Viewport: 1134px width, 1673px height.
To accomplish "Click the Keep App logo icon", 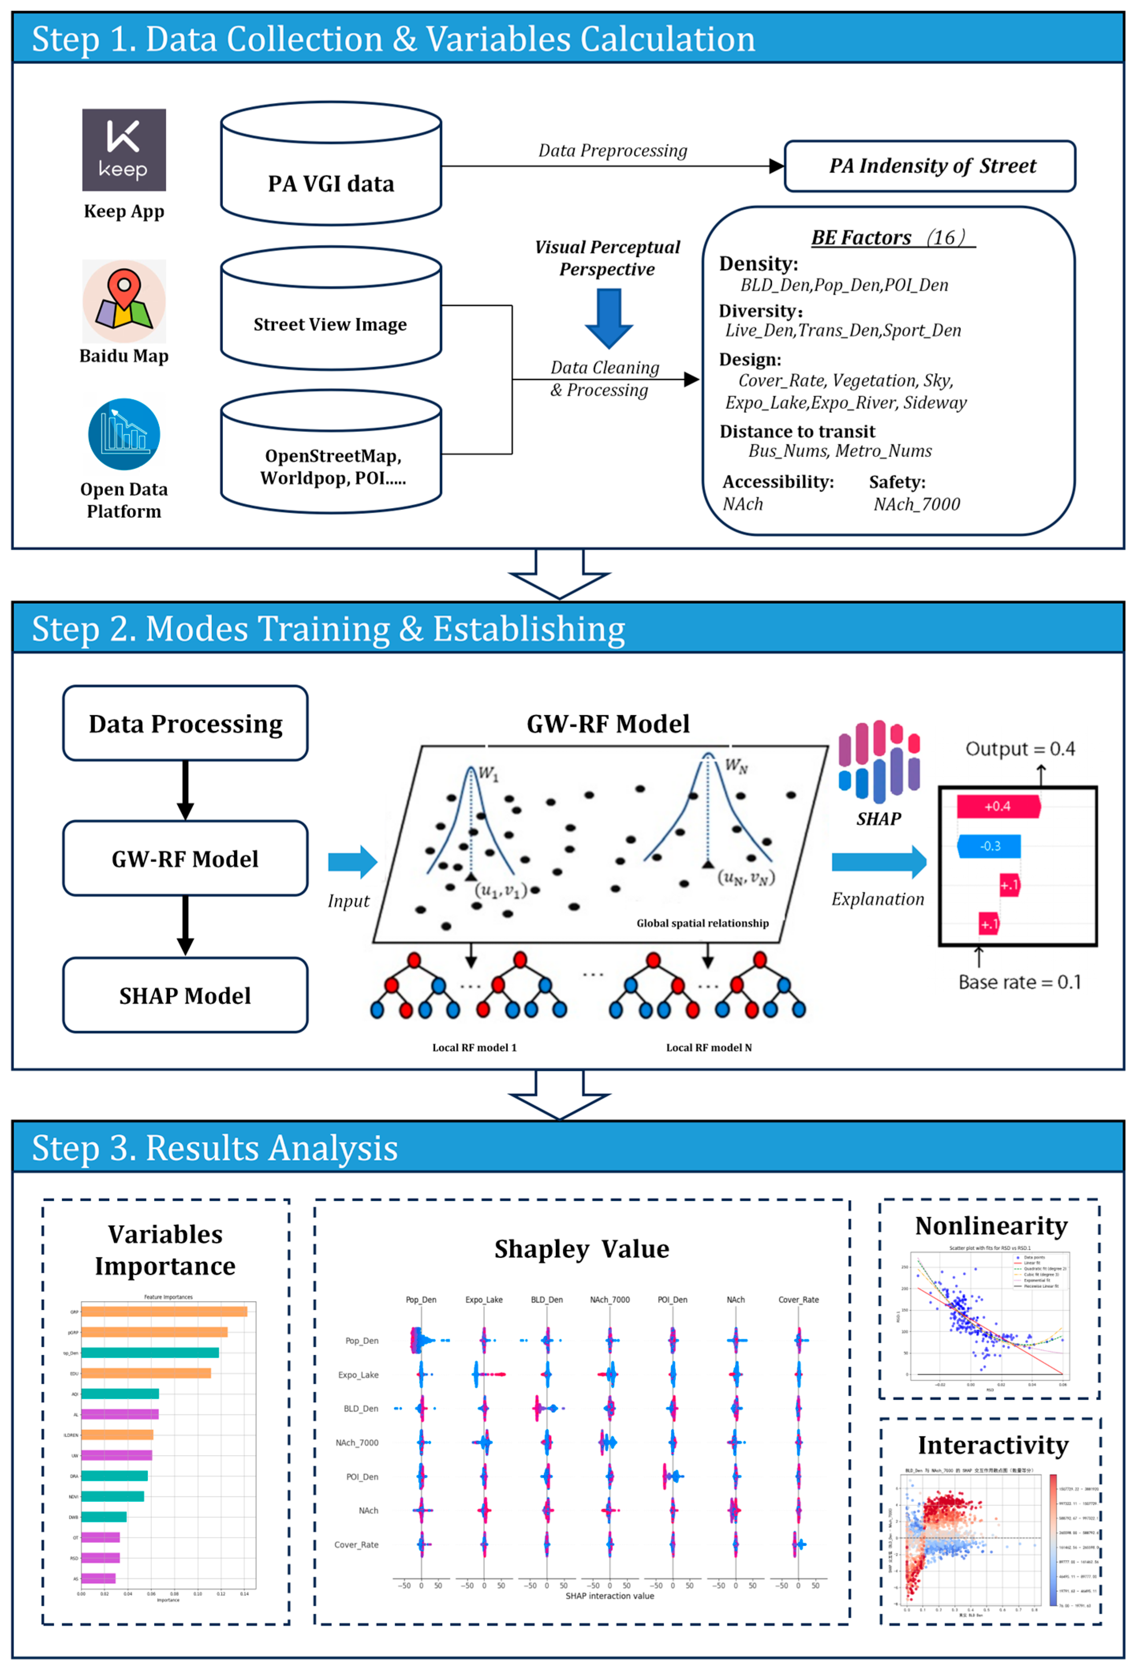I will pyautogui.click(x=124, y=150).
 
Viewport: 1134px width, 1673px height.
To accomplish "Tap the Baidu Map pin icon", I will pyautogui.click(x=124, y=301).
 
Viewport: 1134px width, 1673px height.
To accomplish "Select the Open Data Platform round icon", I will pyautogui.click(x=124, y=434).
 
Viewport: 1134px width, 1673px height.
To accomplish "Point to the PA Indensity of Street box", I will pyautogui.click(x=930, y=166).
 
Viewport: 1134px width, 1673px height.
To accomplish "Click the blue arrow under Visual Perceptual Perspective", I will pyautogui.click(x=609, y=317).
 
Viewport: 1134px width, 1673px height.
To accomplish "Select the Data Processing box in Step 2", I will pyautogui.click(x=186, y=723).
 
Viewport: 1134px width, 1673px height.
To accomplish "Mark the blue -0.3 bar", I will pyautogui.click(x=989, y=846).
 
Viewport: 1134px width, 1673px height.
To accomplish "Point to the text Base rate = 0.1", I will pyautogui.click(x=1019, y=982).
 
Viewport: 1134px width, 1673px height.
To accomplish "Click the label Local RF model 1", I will pyautogui.click(x=474, y=1047).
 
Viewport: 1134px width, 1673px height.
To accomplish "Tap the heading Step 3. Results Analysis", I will pyautogui.click(x=215, y=1147).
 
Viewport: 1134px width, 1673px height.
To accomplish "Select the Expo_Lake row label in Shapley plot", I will pyautogui.click(x=358, y=1374).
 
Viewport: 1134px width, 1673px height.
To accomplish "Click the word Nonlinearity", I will pyautogui.click(x=991, y=1225).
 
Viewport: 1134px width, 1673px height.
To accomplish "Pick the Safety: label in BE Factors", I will pyautogui.click(x=897, y=481).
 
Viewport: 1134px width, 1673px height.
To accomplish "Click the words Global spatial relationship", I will pyautogui.click(x=702, y=923).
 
